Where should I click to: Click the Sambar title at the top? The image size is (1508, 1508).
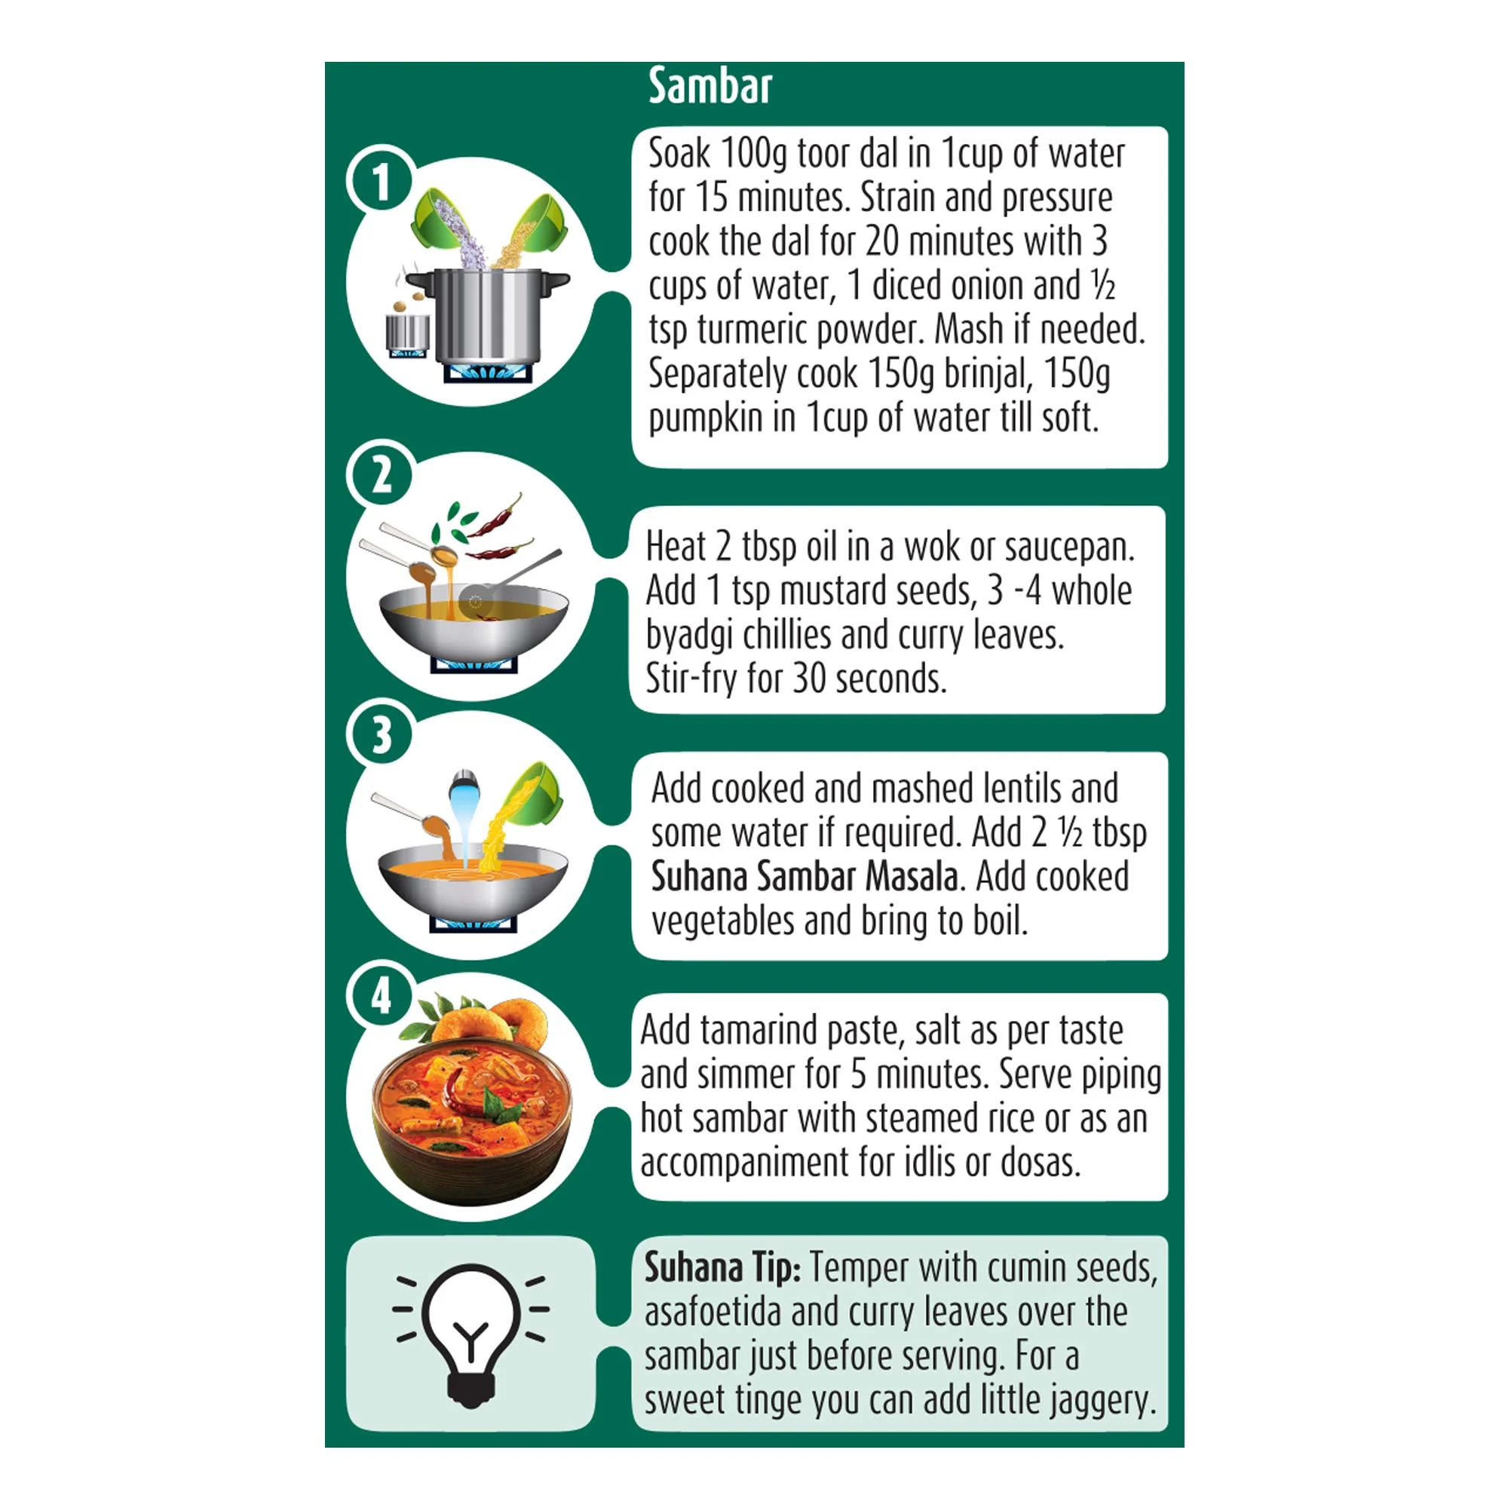(710, 85)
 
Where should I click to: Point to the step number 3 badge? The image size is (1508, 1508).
(382, 734)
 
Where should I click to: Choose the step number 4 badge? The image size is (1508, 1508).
(382, 996)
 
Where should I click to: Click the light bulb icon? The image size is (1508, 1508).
(470, 1335)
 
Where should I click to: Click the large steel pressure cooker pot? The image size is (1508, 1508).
(489, 316)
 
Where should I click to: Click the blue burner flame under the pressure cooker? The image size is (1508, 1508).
(488, 373)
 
